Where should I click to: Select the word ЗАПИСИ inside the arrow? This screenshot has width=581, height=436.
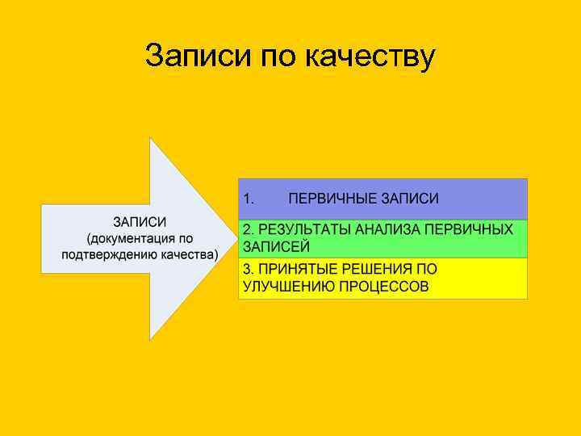(x=140, y=222)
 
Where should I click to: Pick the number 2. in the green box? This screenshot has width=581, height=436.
(x=249, y=230)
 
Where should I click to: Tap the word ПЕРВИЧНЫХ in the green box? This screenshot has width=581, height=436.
(x=469, y=230)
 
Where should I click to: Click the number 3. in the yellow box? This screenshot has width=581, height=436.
(x=249, y=270)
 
